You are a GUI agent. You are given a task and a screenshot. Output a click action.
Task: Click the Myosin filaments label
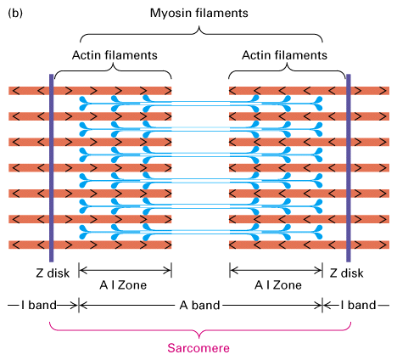pos(198,13)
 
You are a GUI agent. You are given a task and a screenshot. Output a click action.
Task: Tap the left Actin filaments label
pos(115,55)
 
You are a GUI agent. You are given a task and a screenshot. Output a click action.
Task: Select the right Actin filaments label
pos(284,55)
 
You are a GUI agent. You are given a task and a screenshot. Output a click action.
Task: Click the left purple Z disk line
pos(52,168)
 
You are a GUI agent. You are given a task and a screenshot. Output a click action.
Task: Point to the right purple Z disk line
pos(349,168)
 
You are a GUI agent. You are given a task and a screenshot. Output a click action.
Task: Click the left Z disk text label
pos(53,273)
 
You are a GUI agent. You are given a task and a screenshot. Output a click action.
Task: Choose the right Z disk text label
pos(346,273)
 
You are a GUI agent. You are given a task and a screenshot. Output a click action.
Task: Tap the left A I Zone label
pos(123,285)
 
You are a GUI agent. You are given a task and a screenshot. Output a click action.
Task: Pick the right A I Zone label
pos(278,285)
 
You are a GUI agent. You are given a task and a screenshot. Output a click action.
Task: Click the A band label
pos(199,305)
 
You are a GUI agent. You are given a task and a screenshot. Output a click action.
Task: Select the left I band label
pos(39,305)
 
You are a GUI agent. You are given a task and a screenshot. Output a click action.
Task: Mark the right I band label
pos(358,305)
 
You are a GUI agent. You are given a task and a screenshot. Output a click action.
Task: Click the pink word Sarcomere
pos(198,348)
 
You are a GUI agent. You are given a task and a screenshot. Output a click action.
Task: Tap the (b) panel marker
pos(15,14)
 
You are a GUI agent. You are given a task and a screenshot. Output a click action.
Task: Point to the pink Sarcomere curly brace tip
pos(199,338)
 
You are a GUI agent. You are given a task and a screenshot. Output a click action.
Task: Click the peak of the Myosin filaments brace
pos(199,26)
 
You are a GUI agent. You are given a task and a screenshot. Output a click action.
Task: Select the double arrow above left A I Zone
pos(125,271)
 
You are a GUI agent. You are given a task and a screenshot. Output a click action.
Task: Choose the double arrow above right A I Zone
pos(276,271)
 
